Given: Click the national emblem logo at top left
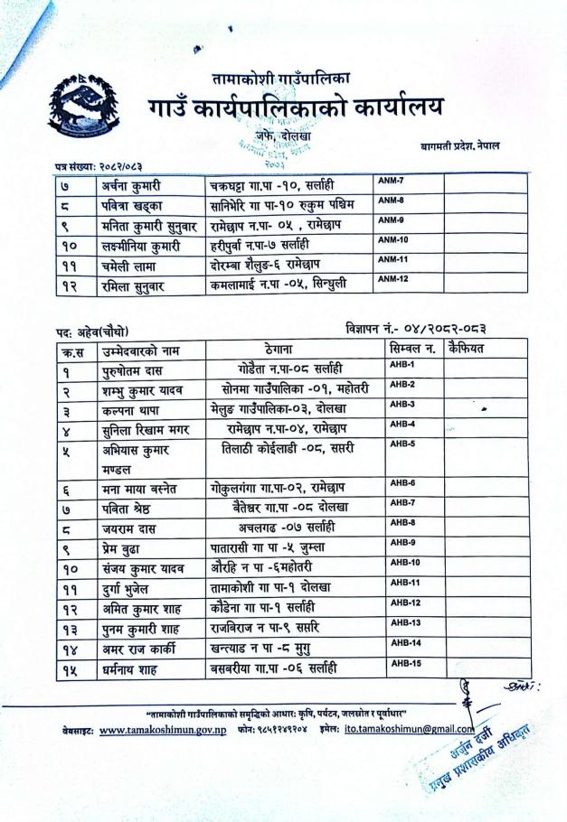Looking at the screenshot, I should coord(80,111).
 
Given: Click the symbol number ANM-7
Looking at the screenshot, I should coord(391,182).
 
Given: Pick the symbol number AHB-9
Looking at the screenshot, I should coord(402,542).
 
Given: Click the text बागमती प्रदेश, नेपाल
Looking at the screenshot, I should coord(458,145).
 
